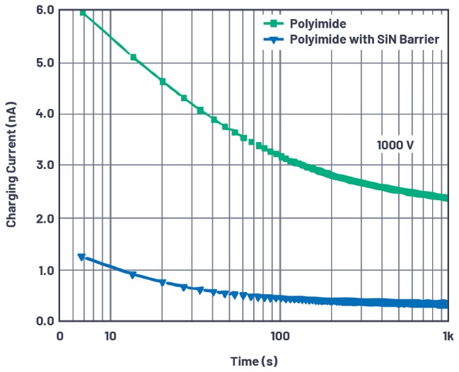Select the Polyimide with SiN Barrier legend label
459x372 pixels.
(x=364, y=39)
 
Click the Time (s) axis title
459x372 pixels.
(x=254, y=361)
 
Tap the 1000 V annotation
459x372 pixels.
(x=395, y=145)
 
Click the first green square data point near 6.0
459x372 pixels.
(x=83, y=13)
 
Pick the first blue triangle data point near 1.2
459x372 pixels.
(x=81, y=257)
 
